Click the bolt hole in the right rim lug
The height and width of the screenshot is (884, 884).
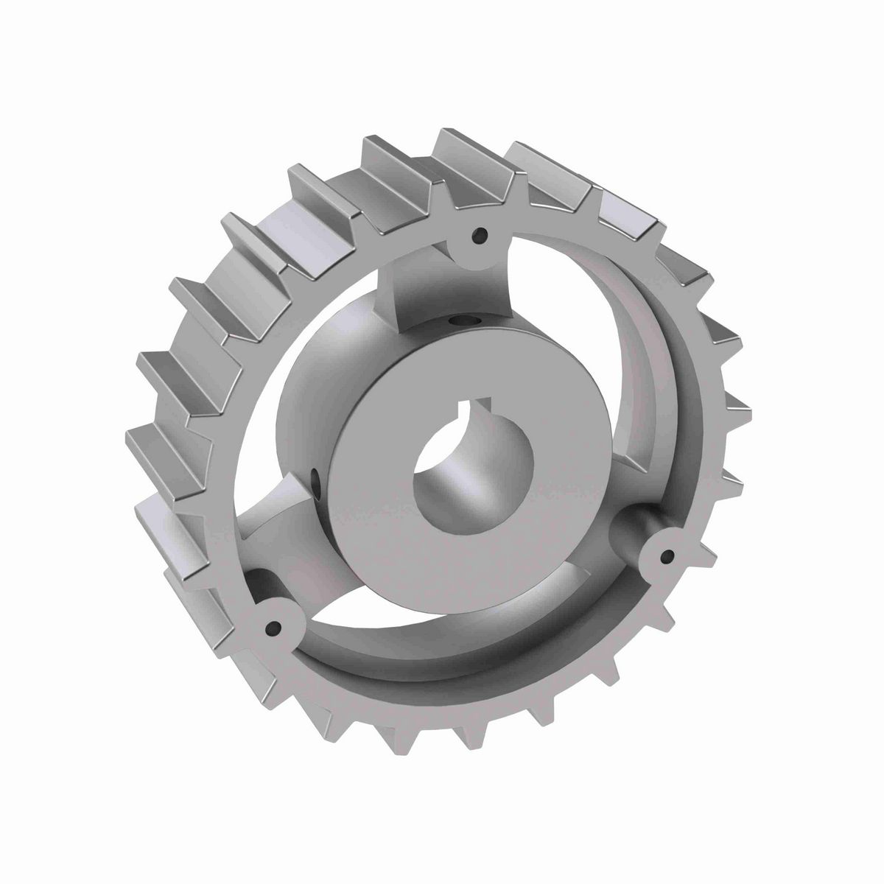click(667, 558)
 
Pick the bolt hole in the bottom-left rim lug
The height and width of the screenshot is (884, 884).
click(273, 628)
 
